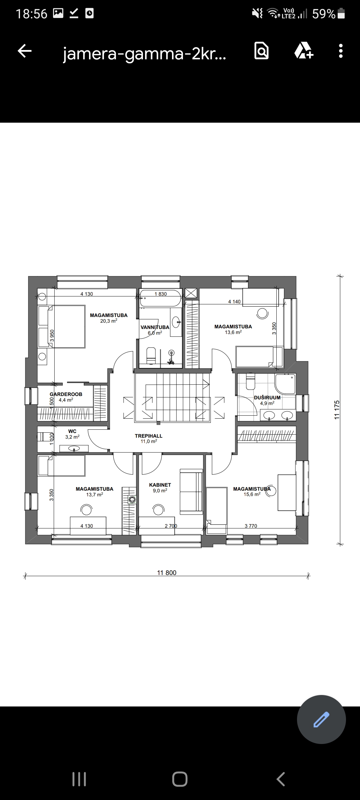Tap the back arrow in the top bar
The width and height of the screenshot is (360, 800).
click(25, 51)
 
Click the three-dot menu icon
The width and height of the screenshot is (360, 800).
click(341, 51)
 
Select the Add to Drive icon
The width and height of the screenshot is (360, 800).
click(304, 51)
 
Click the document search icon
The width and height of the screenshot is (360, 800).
click(261, 51)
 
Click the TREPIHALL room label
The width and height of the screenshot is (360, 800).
click(149, 436)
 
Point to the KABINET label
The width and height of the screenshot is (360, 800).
click(160, 485)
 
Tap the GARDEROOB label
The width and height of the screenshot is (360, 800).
click(66, 394)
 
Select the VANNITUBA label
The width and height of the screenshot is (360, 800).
click(155, 327)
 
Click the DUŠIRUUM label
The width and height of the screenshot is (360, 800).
click(267, 397)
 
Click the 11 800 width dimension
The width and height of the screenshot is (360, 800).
click(167, 573)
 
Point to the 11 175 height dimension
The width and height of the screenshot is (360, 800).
click(337, 410)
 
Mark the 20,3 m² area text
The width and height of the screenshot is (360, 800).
click(109, 321)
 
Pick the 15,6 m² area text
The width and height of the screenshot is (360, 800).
click(252, 494)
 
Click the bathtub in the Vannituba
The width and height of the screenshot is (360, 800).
click(160, 298)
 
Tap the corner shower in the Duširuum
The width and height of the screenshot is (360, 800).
click(285, 384)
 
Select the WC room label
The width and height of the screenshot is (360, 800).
click(72, 431)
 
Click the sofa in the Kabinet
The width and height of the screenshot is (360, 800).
click(191, 491)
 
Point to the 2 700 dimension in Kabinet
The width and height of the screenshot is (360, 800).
click(171, 526)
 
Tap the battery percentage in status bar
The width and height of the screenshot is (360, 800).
click(324, 14)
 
